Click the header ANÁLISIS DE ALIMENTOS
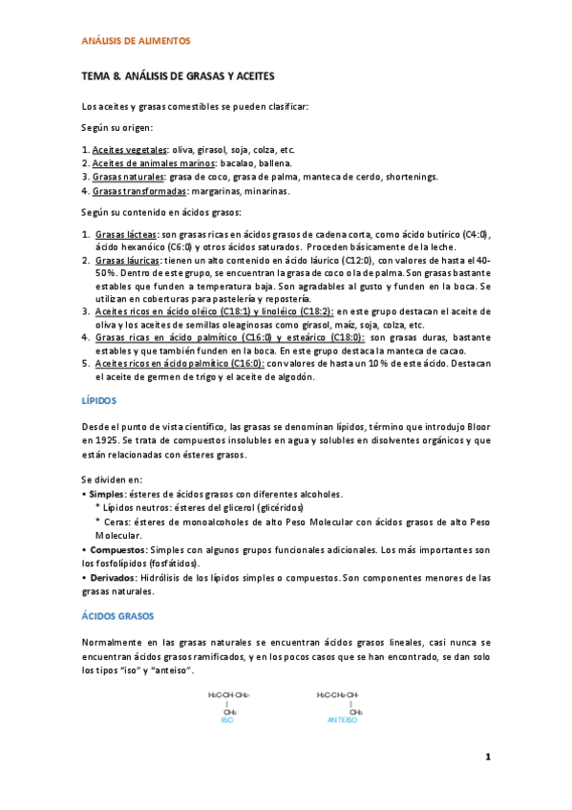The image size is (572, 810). tap(136, 41)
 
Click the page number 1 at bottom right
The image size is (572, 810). tap(487, 757)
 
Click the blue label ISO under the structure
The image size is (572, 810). tap(226, 720)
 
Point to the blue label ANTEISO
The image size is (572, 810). tap(342, 720)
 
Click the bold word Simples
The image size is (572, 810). tap(106, 494)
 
